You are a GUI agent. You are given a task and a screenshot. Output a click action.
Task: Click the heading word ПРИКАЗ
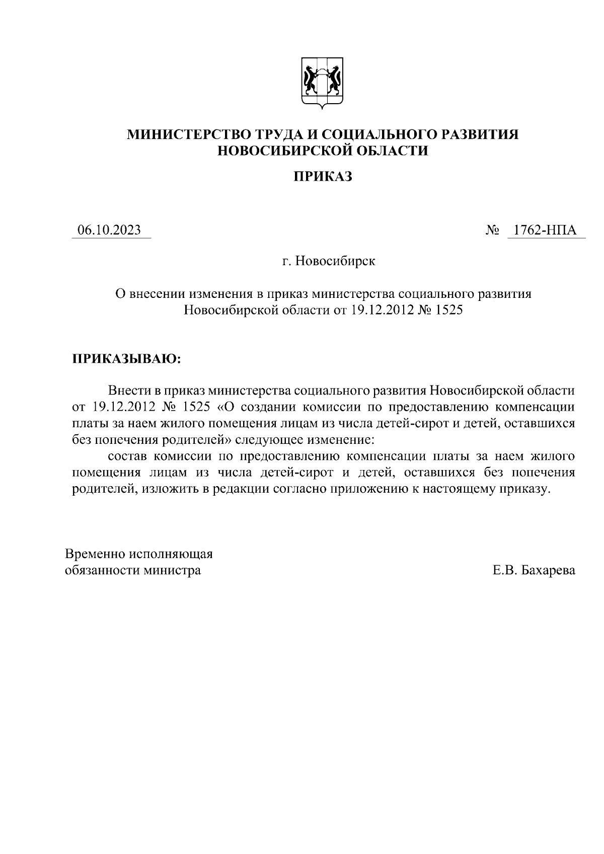[x=322, y=177]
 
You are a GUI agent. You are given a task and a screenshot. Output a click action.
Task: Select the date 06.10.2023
[x=109, y=230]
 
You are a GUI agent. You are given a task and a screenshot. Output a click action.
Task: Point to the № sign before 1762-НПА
[x=492, y=230]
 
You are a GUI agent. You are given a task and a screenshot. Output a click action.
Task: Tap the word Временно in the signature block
[x=96, y=554]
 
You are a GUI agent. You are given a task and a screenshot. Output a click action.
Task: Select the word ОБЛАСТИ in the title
[x=388, y=150]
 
